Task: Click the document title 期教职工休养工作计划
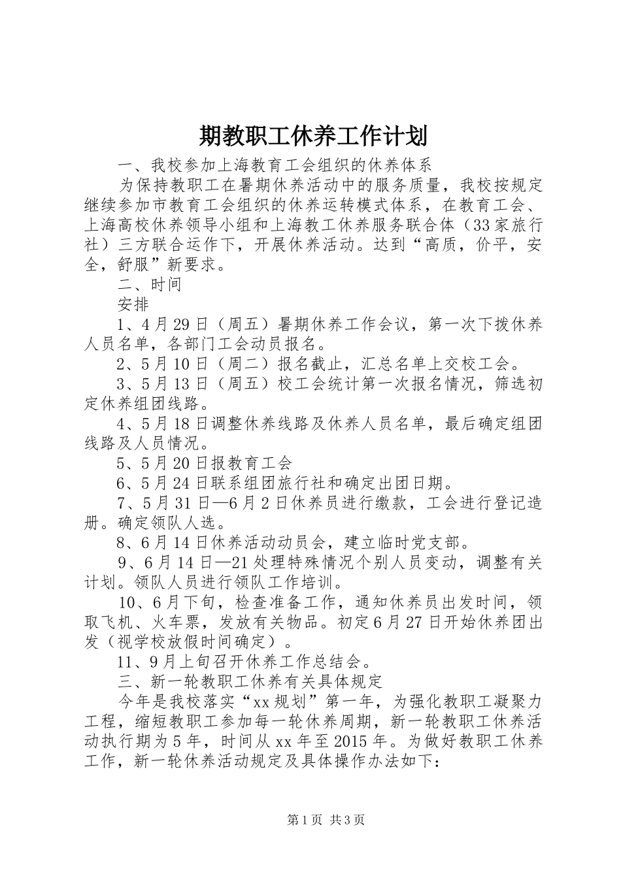[312, 137]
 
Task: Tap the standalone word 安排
[133, 304]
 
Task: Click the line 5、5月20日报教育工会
[204, 464]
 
